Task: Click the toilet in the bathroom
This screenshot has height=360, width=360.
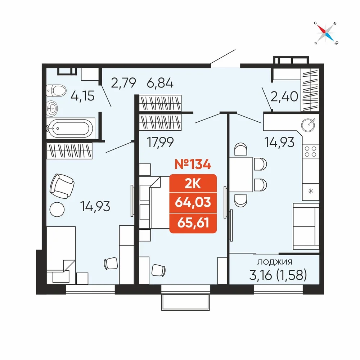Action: click(x=56, y=90)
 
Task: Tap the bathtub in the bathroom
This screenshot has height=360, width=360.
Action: click(x=71, y=128)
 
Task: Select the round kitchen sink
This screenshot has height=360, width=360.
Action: click(x=309, y=125)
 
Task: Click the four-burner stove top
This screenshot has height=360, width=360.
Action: click(x=310, y=151)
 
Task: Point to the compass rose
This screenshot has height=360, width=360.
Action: click(x=325, y=33)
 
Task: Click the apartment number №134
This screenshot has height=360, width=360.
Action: click(x=193, y=164)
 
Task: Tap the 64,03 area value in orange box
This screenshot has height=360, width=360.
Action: click(x=193, y=202)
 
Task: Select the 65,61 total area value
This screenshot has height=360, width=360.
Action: click(x=193, y=223)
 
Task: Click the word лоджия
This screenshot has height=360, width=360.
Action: click(x=275, y=262)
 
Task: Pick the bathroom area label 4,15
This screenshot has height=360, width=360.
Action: click(x=82, y=96)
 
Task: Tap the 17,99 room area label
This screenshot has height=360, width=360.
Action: click(x=160, y=142)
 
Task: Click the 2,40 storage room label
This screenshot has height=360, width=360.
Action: click(x=284, y=96)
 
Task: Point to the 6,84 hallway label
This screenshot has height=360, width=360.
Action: click(x=160, y=83)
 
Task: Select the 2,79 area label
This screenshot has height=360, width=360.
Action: click(x=123, y=83)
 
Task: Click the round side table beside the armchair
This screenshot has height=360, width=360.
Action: click(x=57, y=209)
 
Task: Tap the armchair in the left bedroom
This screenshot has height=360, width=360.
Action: click(x=62, y=186)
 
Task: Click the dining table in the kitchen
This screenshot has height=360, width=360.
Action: click(x=241, y=175)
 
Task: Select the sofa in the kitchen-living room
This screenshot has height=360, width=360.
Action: click(x=306, y=226)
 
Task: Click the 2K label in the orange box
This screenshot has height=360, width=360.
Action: click(x=193, y=184)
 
